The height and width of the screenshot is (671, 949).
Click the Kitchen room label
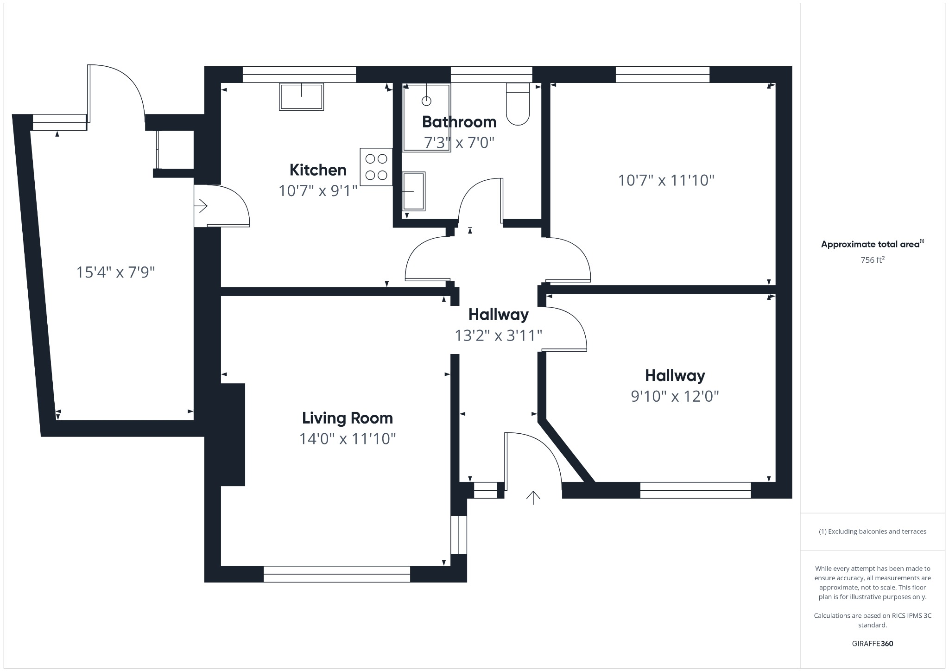(318, 170)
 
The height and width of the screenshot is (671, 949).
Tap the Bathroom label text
(459, 122)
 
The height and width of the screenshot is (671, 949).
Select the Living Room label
(347, 418)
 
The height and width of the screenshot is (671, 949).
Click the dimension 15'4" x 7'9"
(115, 272)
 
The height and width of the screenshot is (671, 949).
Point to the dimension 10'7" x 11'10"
(666, 180)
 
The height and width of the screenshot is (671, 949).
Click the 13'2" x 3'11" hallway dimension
(498, 335)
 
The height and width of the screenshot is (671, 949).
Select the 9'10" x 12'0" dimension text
(675, 396)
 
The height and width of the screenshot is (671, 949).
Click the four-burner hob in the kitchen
(376, 167)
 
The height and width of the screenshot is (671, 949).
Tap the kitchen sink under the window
(301, 96)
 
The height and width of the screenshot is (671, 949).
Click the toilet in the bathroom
(518, 105)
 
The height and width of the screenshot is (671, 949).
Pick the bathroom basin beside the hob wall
(413, 191)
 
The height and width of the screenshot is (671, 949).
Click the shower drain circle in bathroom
(426, 101)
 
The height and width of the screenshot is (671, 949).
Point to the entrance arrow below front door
(533, 497)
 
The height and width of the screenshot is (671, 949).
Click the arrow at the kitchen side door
(202, 205)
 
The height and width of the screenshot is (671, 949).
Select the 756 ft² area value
(872, 260)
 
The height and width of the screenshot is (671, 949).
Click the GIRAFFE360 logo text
(872, 644)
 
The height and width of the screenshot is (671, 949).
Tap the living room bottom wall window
(337, 574)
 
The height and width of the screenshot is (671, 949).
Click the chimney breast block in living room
(233, 435)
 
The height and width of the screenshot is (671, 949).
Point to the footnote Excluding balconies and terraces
(872, 532)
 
